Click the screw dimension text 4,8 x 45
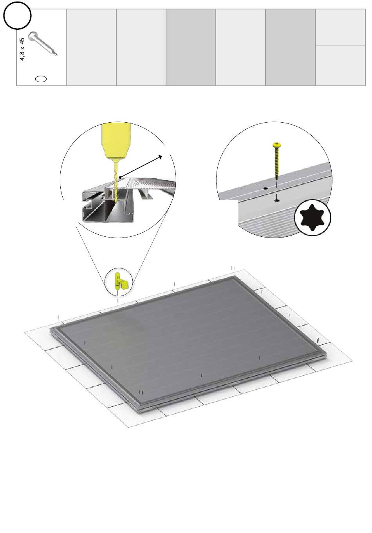[x=22, y=49]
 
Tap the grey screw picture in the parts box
[x=43, y=44]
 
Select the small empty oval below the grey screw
[x=41, y=79]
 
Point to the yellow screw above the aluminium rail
[x=276, y=161]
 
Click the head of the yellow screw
[x=276, y=145]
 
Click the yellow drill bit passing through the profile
[x=116, y=182]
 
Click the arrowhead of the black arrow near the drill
[x=160, y=157]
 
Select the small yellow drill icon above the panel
[x=121, y=281]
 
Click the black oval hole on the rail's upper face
[x=265, y=189]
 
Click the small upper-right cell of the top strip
[x=340, y=27]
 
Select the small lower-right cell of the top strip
[x=340, y=65]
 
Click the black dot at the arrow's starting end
[x=121, y=177]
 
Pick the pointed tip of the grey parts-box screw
[x=56, y=55]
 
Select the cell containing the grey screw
[x=42, y=47]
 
